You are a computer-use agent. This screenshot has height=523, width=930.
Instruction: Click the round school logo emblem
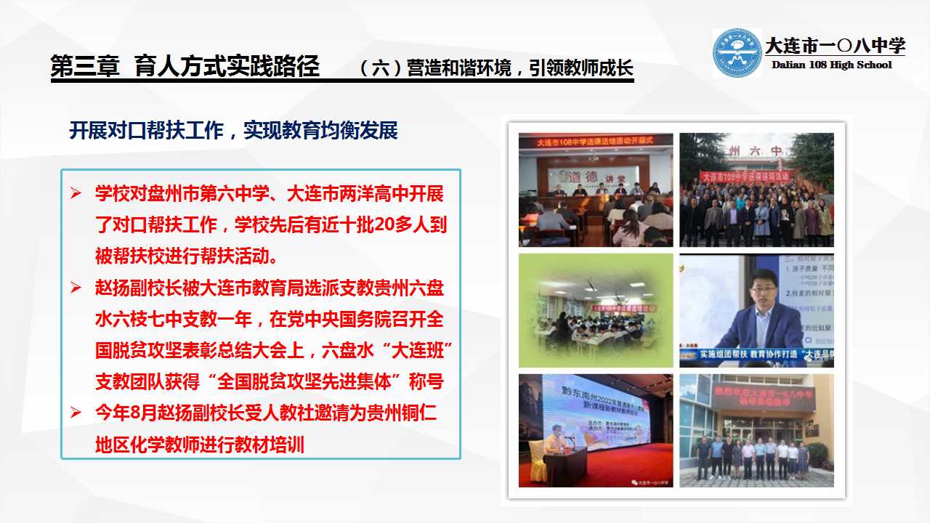coord(737,52)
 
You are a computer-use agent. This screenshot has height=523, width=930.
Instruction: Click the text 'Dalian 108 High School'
coord(831,65)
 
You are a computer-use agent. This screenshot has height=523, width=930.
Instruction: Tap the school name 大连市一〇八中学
coord(835,46)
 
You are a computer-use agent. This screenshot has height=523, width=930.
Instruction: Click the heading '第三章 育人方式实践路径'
coord(185,67)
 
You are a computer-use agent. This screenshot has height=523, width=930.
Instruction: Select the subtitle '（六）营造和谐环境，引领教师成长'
coord(497,68)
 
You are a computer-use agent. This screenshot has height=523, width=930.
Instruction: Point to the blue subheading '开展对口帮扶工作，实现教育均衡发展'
coord(233,131)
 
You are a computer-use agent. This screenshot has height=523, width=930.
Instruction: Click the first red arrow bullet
coord(76,194)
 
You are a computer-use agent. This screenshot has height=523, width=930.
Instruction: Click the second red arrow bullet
coord(76,288)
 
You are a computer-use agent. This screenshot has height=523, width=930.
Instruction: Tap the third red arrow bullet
coord(76,413)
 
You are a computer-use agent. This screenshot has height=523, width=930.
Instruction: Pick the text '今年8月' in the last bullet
coord(121,413)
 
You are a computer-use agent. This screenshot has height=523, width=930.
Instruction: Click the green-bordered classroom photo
coord(596,310)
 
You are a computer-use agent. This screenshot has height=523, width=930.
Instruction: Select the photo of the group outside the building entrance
coord(756,431)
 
